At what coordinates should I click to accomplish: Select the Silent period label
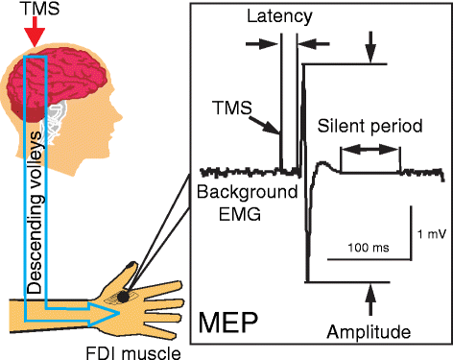[360, 127]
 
